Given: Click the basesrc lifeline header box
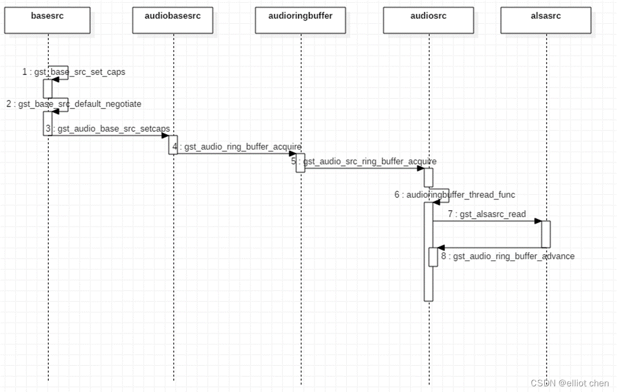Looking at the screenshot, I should (x=48, y=19).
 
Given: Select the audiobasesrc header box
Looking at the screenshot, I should (x=174, y=19).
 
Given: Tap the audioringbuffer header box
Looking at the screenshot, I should (x=300, y=19).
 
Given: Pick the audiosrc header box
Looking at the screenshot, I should (x=429, y=19).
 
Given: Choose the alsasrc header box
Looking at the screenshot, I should (x=546, y=19).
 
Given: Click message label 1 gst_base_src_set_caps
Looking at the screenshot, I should (x=74, y=72).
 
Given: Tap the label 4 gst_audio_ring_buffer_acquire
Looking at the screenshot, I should (x=237, y=147).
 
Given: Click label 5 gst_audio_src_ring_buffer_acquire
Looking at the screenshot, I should (x=364, y=161).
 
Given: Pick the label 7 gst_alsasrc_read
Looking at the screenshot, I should (x=486, y=214).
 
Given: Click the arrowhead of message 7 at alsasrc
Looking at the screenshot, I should (x=538, y=222).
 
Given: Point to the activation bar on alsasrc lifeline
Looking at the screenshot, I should (x=545, y=234).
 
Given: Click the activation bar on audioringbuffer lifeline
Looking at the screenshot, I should (x=300, y=162).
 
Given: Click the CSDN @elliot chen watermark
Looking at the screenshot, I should (x=570, y=383).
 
